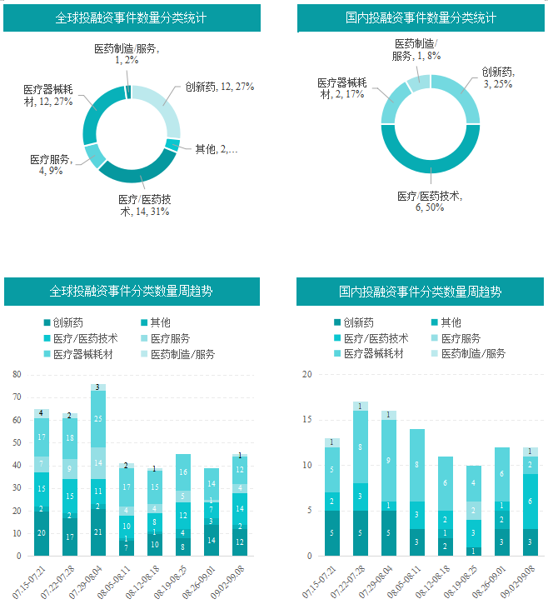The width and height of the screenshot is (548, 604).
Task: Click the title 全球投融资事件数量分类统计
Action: pyautogui.click(x=132, y=17)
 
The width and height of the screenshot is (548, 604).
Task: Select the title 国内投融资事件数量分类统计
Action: pyautogui.click(x=421, y=17)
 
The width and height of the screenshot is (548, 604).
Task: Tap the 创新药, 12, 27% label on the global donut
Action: pyautogui.click(x=219, y=87)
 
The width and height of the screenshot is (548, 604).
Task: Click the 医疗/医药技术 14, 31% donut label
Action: pyautogui.click(x=145, y=206)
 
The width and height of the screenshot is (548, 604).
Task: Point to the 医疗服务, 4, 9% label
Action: pyautogui.click(x=51, y=165)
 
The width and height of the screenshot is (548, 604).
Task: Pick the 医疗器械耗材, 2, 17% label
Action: pyautogui.click(x=341, y=88)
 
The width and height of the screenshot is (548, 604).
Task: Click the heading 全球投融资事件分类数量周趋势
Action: pyautogui.click(x=132, y=292)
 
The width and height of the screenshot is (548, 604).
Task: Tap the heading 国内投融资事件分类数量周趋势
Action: pyautogui.click(x=421, y=292)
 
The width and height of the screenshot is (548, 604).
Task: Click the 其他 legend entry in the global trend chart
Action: pyautogui.click(x=159, y=323)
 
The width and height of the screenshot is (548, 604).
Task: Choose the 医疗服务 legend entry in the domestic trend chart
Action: pyautogui.click(x=461, y=338)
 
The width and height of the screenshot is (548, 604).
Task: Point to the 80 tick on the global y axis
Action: pyautogui.click(x=17, y=374)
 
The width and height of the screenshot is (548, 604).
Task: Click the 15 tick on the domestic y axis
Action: pyautogui.click(x=306, y=419)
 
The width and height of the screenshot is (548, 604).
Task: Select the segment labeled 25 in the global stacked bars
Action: pyautogui.click(x=98, y=419)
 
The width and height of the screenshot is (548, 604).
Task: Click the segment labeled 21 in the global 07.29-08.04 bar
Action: pyautogui.click(x=98, y=532)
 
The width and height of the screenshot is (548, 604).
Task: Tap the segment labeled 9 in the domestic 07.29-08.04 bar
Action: pyautogui.click(x=389, y=460)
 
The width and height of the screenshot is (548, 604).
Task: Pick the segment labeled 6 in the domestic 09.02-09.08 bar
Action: pyautogui.click(x=531, y=502)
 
